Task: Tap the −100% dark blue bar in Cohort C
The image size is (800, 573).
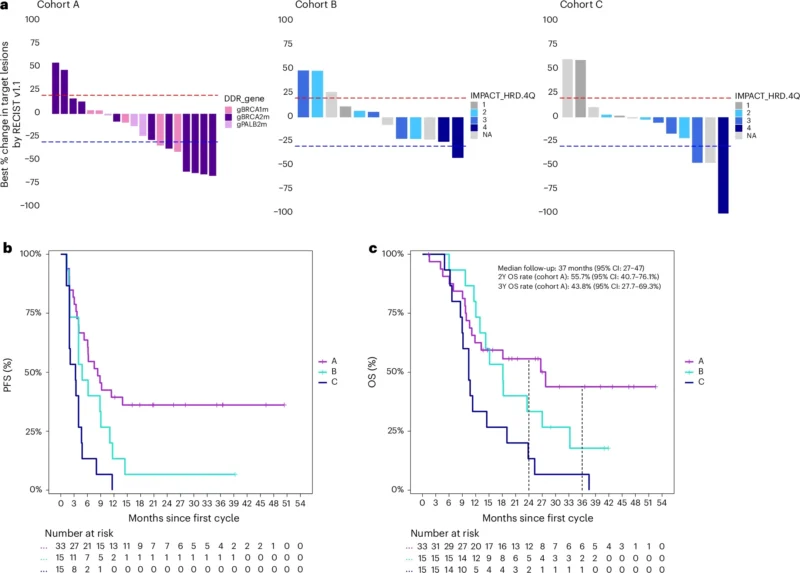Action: pos(723,164)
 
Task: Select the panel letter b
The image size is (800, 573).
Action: pos(9,247)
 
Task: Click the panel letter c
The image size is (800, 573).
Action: pos(373,247)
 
